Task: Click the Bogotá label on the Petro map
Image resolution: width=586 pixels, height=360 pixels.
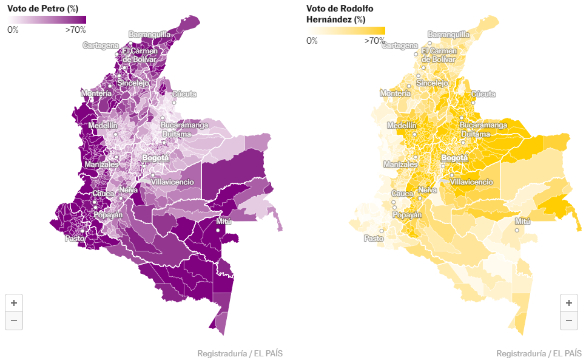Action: pos(155,158)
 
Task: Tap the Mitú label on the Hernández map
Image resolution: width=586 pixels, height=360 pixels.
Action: pos(522,222)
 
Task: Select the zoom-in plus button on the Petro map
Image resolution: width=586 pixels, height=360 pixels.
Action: pos(14,303)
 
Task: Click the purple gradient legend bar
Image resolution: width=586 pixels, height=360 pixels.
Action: pos(47,20)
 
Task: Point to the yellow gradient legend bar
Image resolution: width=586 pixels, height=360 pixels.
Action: pos(346,31)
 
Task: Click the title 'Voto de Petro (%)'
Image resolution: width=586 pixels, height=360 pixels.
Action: pos(43,8)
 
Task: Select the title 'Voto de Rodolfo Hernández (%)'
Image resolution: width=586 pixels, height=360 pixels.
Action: pos(340,14)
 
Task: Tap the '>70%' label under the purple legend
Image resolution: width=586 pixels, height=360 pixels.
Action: pos(75,30)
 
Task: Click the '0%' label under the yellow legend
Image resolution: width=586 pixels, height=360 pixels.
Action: pos(312,41)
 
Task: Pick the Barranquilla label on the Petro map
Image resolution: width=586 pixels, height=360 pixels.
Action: pos(149,35)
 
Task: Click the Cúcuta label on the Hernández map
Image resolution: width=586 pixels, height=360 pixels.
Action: pos(483,94)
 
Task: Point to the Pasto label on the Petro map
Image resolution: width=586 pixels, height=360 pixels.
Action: pos(75,238)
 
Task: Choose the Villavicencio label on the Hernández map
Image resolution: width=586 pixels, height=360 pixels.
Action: pos(471,182)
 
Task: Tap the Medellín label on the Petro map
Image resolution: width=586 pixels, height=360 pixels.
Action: pos(103,126)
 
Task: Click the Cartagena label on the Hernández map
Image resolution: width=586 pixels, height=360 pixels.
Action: pos(400,46)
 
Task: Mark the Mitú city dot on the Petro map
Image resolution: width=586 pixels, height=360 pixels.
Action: pos(218,230)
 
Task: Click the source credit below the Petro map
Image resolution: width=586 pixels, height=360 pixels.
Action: pos(240,353)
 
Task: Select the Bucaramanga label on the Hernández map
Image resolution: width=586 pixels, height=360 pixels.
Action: pos(483,125)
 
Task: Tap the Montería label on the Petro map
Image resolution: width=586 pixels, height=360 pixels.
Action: pos(96,93)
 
